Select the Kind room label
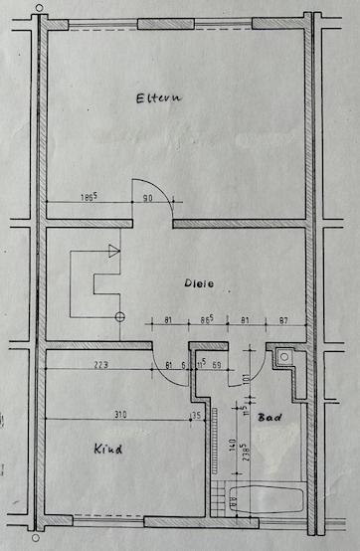pyautogui.click(x=106, y=450)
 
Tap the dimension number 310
pyautogui.click(x=119, y=414)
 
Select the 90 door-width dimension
pyautogui.click(x=147, y=200)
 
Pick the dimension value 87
pyautogui.click(x=284, y=320)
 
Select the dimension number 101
pyautogui.click(x=245, y=379)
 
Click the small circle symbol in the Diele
pyautogui.click(x=120, y=317)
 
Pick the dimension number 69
pyautogui.click(x=218, y=365)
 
